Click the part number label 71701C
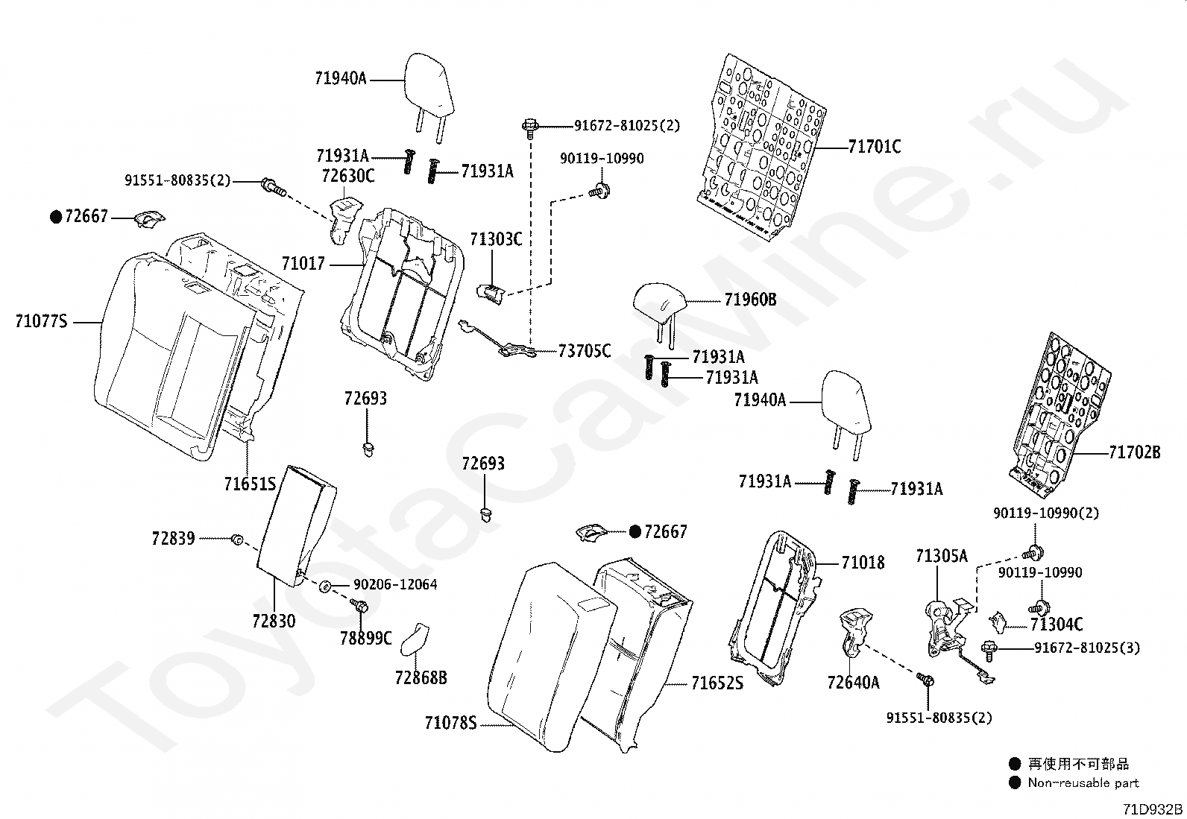tap(875, 146)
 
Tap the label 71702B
tap(1135, 452)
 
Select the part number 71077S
tap(41, 321)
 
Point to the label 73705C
tap(585, 351)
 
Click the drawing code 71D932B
tap(1153, 809)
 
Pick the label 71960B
tap(750, 300)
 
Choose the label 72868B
tap(421, 677)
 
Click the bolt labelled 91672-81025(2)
tap(530, 128)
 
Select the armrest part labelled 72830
tap(296, 526)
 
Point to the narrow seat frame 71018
tap(774, 608)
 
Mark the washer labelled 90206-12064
tap(325, 586)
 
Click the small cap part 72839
tap(237, 540)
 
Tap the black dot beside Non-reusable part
tap(1015, 782)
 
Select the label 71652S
tap(717, 683)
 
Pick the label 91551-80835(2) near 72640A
tap(939, 718)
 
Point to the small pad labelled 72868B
tap(415, 639)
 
